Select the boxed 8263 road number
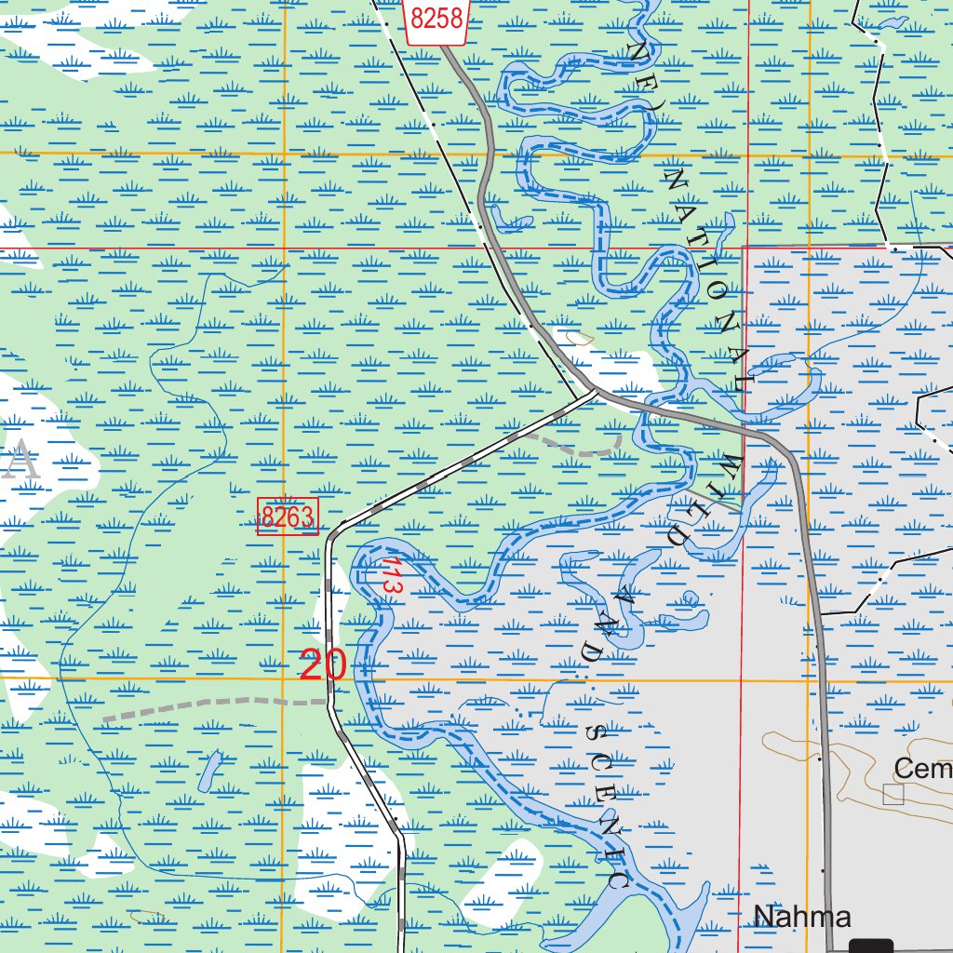[x=288, y=517]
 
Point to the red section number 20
[x=323, y=665]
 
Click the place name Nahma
[x=802, y=917]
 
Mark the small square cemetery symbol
[x=893, y=793]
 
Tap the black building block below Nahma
[x=871, y=946]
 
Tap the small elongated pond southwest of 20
[x=209, y=772]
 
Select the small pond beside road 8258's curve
[x=511, y=223]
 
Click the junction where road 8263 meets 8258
[x=597, y=392]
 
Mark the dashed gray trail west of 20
[x=214, y=704]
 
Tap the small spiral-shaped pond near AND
[x=690, y=597]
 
